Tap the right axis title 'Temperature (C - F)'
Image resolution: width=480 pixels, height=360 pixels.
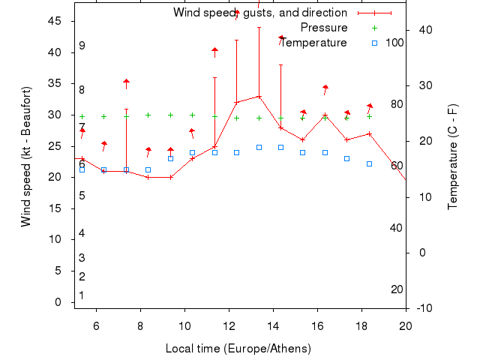point(452,157)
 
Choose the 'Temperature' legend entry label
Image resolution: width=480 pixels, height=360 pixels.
point(313,43)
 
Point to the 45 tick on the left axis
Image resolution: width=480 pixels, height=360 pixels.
point(55,21)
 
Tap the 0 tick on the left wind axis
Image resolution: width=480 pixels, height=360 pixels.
point(59,302)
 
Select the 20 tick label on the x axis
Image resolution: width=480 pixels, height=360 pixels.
point(406,325)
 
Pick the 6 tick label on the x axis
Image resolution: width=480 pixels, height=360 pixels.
point(96,325)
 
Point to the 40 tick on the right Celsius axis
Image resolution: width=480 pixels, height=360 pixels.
point(423,30)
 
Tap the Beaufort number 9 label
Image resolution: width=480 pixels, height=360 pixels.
point(82,46)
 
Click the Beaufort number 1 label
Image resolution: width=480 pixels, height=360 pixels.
point(82,295)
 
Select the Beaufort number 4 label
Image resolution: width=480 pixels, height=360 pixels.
point(82,233)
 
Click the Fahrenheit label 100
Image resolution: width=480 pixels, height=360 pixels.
point(394,43)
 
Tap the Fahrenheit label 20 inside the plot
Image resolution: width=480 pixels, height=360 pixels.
point(397,289)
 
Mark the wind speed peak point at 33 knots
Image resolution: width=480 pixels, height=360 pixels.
point(259,96)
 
